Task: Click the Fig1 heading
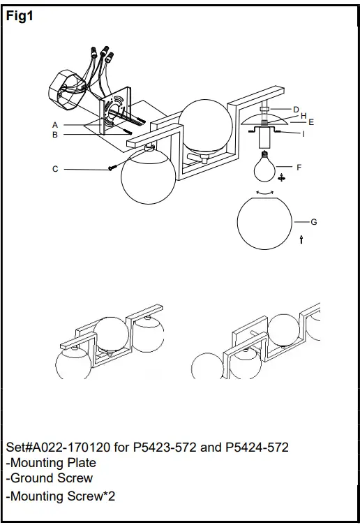pos(20,17)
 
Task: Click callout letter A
pos(54,125)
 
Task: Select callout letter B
pos(54,135)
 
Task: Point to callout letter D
pos(296,110)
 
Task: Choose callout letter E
pos(310,122)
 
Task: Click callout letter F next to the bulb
pos(299,168)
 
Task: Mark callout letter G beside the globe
pos(313,222)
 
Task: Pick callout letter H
pos(303,116)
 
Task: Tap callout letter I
pos(303,133)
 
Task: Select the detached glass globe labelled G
pos(266,223)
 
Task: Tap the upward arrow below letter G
pos(301,239)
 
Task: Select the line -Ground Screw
pos(49,479)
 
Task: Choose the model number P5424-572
pos(257,447)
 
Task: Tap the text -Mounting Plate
pos(51,463)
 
